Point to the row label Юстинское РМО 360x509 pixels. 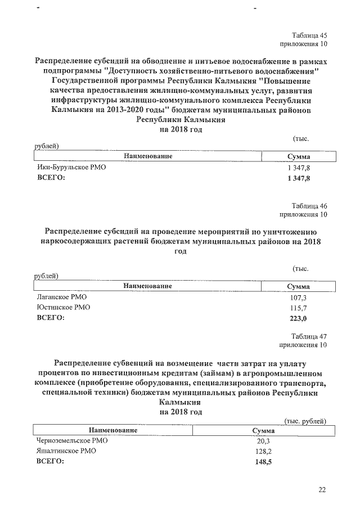63,308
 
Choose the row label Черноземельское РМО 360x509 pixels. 71,440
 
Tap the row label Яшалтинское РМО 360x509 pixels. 66,451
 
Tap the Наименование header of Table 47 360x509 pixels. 113,430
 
